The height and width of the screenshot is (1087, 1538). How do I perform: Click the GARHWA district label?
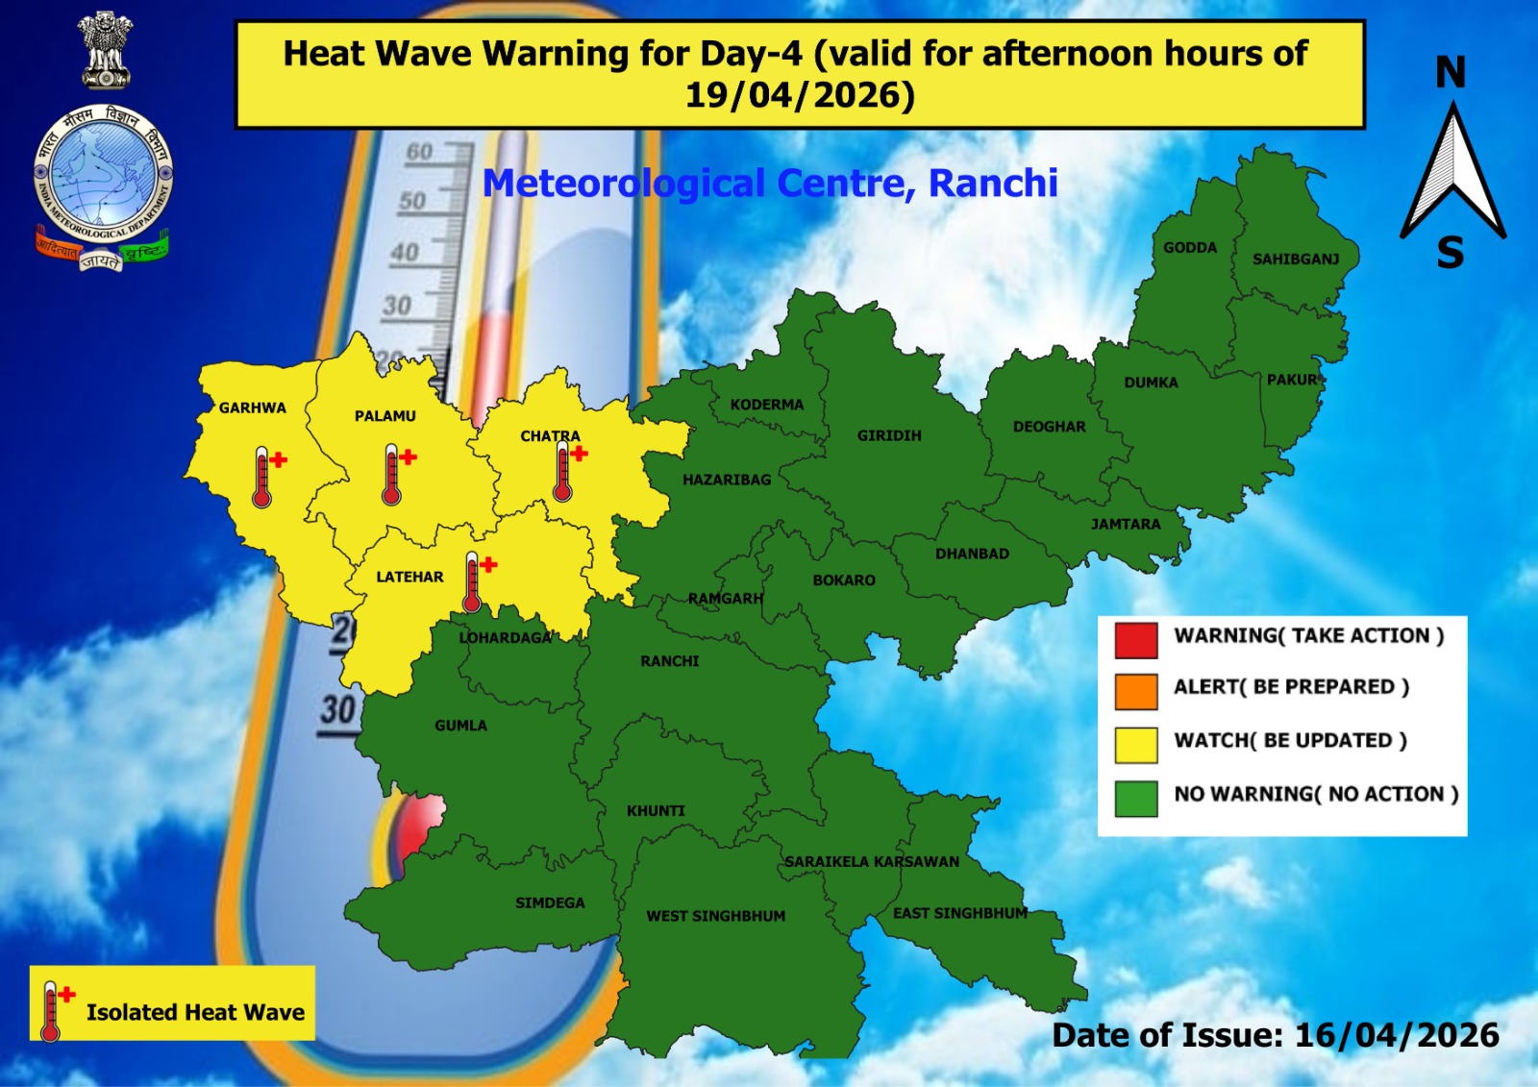click(x=252, y=408)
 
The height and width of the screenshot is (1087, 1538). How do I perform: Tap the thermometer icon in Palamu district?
click(x=391, y=475)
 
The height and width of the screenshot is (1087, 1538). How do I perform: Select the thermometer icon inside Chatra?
click(x=563, y=471)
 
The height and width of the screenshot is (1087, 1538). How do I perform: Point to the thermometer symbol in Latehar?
click(x=472, y=582)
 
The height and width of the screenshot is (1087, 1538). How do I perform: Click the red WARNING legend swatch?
click(x=1135, y=639)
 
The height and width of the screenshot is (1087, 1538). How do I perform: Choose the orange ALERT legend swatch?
click(x=1135, y=691)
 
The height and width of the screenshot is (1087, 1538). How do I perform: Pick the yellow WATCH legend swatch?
click(x=1135, y=744)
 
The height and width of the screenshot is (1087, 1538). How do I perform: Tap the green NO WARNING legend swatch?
click(x=1135, y=798)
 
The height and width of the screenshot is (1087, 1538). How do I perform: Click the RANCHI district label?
click(x=670, y=661)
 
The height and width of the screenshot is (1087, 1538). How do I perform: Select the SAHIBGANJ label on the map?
click(x=1295, y=259)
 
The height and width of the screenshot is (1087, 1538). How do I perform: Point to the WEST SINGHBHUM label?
click(x=715, y=916)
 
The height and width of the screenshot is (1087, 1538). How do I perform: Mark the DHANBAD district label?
click(x=972, y=554)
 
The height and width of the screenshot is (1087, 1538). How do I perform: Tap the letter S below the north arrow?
click(x=1451, y=254)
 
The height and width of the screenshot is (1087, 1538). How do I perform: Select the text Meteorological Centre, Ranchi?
click(x=769, y=183)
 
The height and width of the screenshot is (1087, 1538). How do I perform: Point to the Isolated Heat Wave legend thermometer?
click(x=52, y=1011)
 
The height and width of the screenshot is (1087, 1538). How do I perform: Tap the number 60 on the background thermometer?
click(x=420, y=152)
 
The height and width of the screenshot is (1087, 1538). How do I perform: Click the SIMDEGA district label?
click(x=550, y=902)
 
